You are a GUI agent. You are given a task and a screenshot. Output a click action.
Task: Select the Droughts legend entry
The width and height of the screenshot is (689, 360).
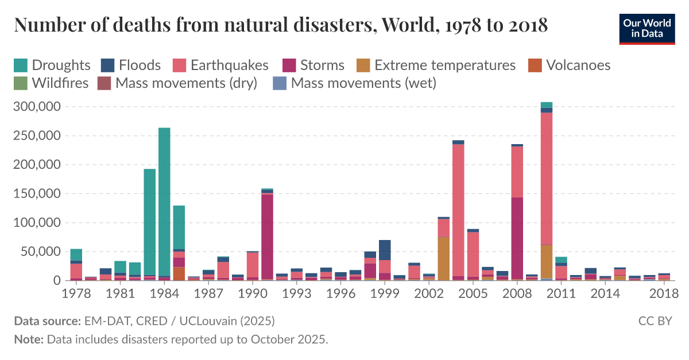52,65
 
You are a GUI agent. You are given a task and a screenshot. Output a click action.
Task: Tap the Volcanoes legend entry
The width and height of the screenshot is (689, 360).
568,65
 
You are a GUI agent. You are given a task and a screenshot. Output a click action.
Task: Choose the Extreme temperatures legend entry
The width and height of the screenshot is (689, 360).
436,65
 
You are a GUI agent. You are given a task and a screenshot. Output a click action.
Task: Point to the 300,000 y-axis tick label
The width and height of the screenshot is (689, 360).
36,107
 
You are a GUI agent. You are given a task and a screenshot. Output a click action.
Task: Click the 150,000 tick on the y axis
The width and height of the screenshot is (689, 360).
36,194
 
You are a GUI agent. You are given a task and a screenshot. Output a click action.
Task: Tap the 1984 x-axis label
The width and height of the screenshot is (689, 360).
164,293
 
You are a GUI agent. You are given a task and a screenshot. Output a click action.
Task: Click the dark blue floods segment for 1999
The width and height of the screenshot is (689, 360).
385,250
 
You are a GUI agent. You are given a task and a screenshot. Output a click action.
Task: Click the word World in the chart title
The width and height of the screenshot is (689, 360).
405,26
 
